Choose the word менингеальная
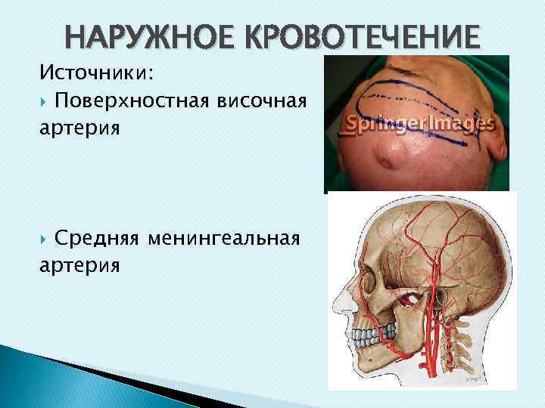click(226, 240)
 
